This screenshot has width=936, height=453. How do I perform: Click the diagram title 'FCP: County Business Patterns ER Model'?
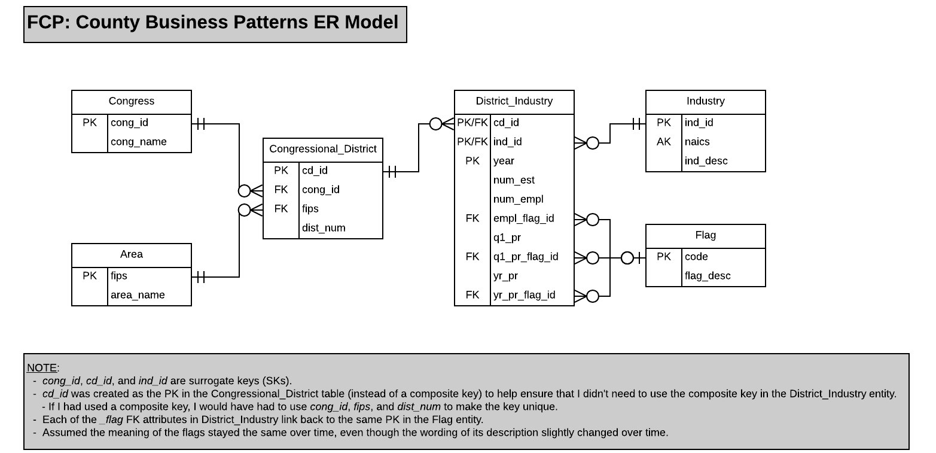pyautogui.click(x=213, y=23)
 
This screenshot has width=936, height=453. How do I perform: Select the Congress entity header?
pyautogui.click(x=131, y=102)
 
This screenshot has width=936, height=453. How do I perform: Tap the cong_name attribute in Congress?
pyautogui.click(x=138, y=142)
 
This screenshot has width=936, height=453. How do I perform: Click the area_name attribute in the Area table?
pyautogui.click(x=137, y=295)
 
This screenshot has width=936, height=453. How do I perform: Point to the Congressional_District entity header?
pyautogui.click(x=322, y=150)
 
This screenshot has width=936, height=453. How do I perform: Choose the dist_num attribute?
pyautogui.click(x=323, y=228)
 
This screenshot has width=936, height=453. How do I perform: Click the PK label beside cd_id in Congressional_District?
pyautogui.click(x=281, y=171)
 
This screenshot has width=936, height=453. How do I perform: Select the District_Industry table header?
pyautogui.click(x=514, y=102)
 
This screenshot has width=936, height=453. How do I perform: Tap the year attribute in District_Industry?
pyautogui.click(x=504, y=161)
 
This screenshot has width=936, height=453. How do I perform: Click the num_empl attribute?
pyautogui.click(x=518, y=199)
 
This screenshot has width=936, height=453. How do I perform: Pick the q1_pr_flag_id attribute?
pyautogui.click(x=525, y=257)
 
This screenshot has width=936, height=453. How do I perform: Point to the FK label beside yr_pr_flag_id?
pyautogui.click(x=472, y=295)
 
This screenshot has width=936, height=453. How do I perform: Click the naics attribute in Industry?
pyautogui.click(x=697, y=142)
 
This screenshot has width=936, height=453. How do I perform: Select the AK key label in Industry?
pyautogui.click(x=663, y=142)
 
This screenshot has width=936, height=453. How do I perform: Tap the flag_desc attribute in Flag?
pyautogui.click(x=708, y=276)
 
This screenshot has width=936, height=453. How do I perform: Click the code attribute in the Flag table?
pyautogui.click(x=696, y=257)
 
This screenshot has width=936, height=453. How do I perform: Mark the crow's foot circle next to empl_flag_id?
pyautogui.click(x=592, y=220)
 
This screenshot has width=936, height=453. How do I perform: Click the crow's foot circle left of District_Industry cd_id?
pyautogui.click(x=436, y=124)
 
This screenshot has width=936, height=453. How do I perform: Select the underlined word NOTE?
pyautogui.click(x=42, y=368)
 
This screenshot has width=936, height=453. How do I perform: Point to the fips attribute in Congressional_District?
pyautogui.click(x=310, y=209)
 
